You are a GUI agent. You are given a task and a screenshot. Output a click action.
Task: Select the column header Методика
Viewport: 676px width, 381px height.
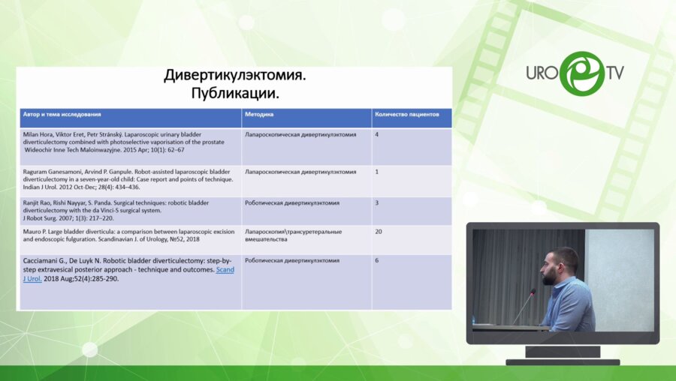coord(259,115)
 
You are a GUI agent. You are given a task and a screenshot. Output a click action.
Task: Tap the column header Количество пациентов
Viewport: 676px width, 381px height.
coord(406,115)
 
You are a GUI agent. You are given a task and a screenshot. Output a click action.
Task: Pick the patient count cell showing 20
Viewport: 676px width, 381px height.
coord(379,232)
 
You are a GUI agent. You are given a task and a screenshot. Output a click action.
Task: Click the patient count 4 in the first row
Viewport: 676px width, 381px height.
coord(377,135)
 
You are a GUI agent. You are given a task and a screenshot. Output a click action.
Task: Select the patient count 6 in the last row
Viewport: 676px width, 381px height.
coord(377,261)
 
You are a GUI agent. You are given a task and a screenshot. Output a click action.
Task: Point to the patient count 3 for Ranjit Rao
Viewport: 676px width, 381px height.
coord(377,202)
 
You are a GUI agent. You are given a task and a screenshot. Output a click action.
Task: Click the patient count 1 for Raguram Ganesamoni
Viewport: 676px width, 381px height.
coord(376,172)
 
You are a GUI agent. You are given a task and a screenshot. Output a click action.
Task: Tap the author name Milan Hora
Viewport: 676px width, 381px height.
coord(40,135)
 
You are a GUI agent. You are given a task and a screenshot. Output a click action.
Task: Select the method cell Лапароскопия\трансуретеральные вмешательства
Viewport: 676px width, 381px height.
coord(293,236)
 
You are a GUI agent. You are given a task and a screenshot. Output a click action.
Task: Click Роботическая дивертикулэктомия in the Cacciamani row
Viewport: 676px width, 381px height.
coord(292,261)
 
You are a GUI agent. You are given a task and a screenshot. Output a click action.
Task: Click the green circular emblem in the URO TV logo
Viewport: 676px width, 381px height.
coord(581,73)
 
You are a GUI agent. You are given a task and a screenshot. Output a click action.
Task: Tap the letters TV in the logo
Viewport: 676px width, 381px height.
coord(615,73)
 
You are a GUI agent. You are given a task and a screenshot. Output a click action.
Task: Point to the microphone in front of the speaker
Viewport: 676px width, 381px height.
coord(533,294)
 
